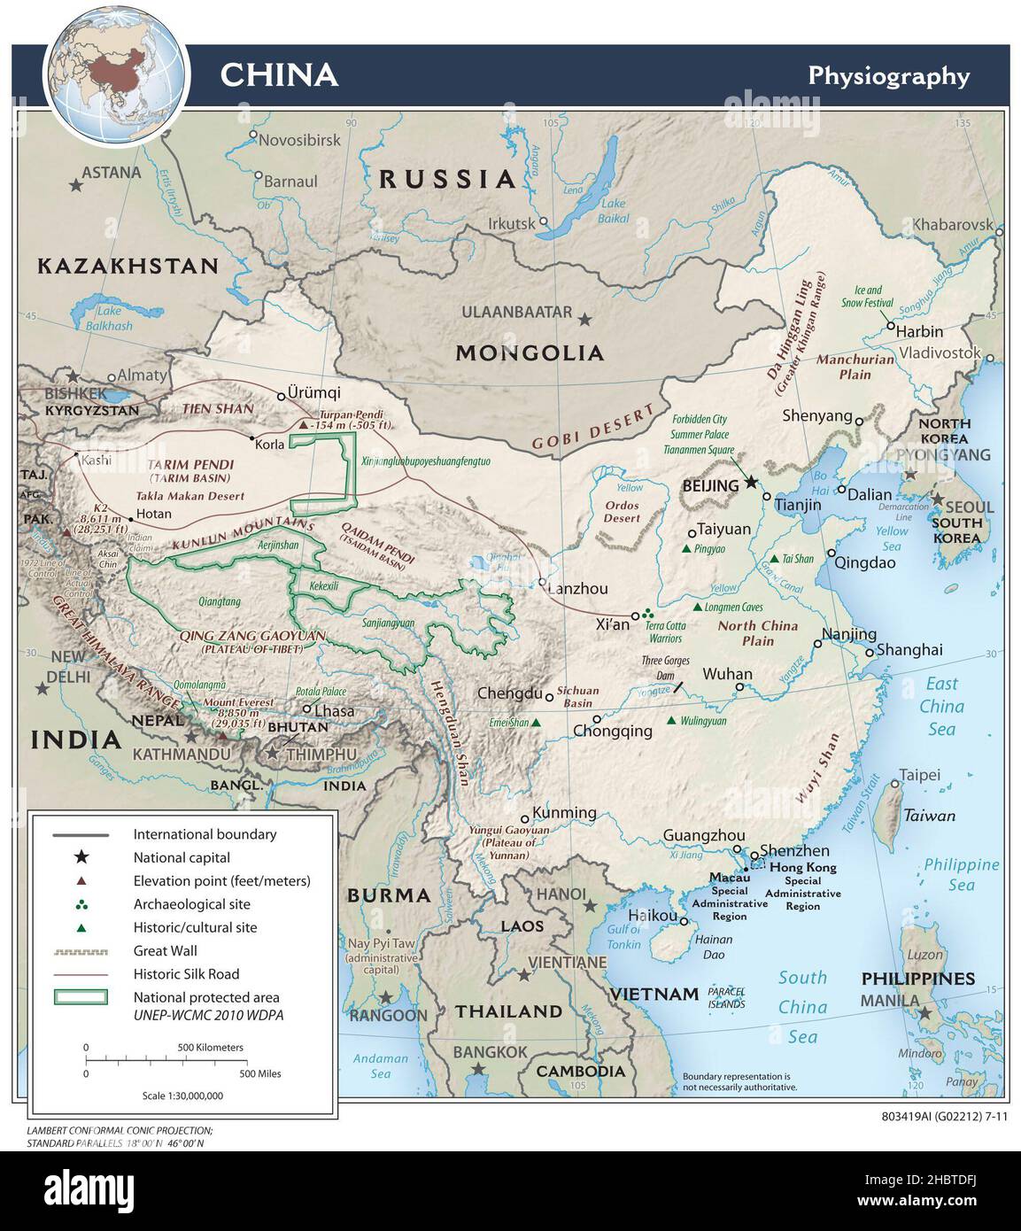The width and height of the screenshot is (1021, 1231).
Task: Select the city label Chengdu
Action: (509, 693)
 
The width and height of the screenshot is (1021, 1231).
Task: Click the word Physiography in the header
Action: (888, 76)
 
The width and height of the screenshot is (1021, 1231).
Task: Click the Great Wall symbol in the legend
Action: (81, 951)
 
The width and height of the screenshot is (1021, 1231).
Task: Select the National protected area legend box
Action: (81, 997)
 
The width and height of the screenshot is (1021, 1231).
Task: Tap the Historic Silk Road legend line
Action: (81, 974)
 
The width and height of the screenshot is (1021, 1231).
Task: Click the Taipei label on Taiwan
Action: (920, 775)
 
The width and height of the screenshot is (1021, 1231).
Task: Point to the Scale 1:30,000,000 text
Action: (182, 1096)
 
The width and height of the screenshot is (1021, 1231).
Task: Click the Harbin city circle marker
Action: (892, 325)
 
